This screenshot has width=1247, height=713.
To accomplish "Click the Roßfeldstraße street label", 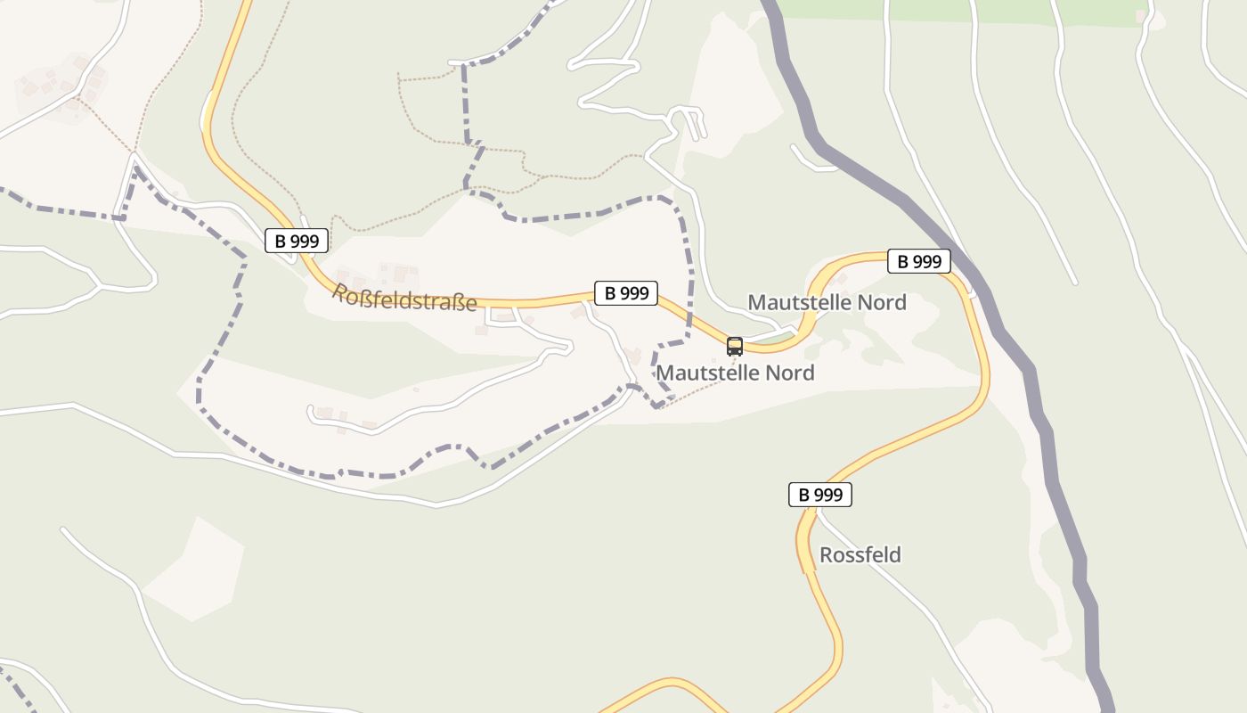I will click(404, 298).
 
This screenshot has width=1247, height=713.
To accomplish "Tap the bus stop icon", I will click(735, 347).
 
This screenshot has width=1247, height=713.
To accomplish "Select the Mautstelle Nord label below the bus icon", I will click(735, 373).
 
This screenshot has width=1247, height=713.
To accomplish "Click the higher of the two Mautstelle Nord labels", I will click(827, 302).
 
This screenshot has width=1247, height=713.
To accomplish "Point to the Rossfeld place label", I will click(860, 555).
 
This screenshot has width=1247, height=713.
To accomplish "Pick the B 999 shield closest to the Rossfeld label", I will click(820, 495).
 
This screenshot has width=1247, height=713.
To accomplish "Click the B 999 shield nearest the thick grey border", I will click(919, 261).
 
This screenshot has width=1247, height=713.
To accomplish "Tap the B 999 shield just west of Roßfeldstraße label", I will click(297, 241).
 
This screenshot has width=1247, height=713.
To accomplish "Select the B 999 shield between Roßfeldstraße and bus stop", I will click(626, 292).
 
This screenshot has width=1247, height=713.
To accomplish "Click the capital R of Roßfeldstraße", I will click(340, 291).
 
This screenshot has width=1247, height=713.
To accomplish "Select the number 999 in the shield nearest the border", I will click(927, 261).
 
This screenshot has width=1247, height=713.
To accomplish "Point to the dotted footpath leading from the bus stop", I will click(704, 392).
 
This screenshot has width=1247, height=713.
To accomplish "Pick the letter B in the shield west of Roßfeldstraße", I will click(280, 241).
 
